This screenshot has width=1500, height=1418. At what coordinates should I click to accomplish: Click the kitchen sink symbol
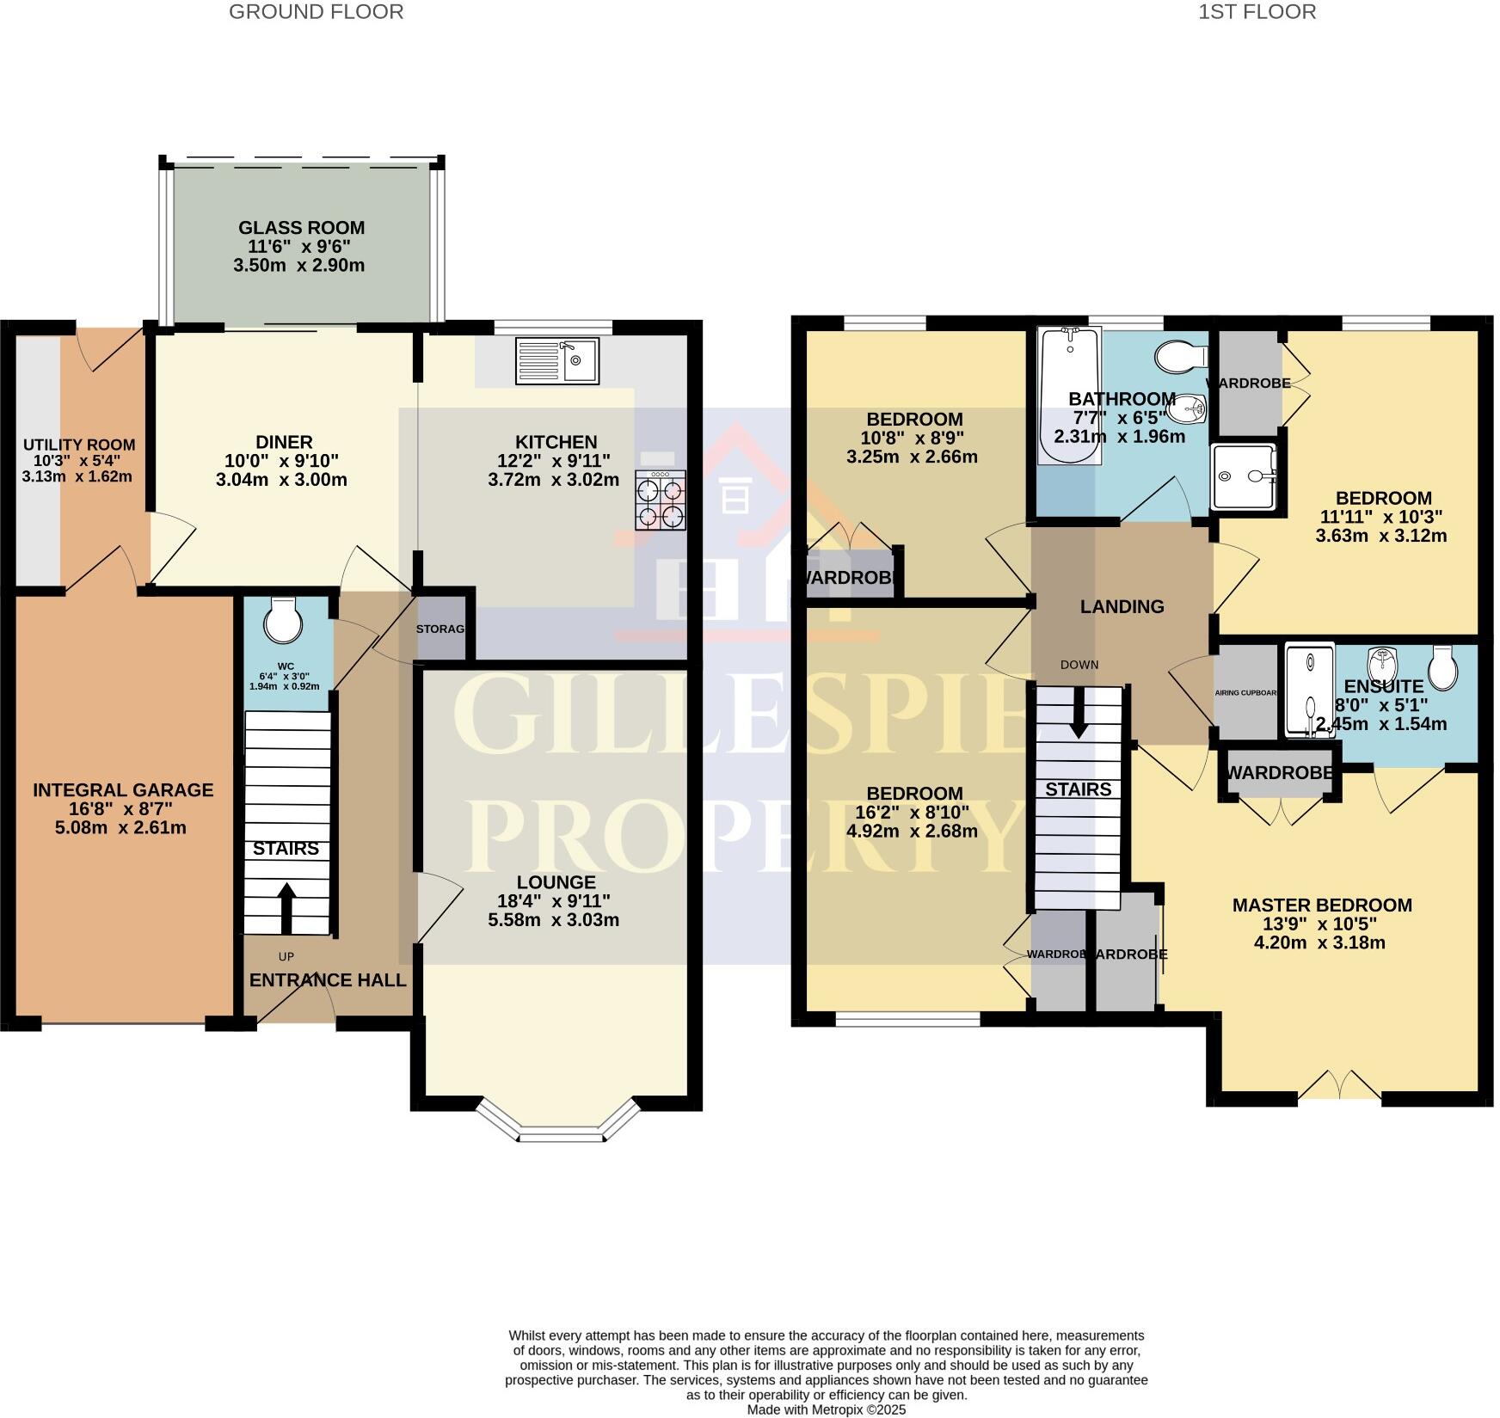[556, 360]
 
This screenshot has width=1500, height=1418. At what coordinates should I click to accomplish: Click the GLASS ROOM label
[301, 228]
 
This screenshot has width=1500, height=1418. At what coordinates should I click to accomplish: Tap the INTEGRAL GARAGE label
[123, 789]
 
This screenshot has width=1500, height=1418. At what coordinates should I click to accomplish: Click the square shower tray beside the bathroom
[1244, 476]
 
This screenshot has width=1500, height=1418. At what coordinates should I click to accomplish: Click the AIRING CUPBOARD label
[1246, 692]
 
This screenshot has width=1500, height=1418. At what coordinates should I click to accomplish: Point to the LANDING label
[1122, 607]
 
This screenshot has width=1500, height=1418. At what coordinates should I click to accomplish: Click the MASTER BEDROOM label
[1322, 905]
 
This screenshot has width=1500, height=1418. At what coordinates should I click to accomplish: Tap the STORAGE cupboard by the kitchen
[441, 629]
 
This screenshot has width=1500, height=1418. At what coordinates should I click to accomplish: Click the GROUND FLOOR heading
[316, 12]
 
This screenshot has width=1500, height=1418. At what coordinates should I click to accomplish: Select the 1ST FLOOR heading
[1257, 12]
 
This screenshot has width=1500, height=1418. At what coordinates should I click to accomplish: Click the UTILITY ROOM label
[78, 445]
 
